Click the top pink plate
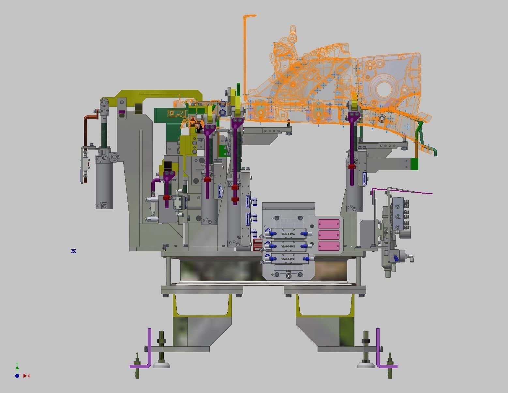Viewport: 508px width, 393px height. (x=329, y=224)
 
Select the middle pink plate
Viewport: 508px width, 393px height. (x=329, y=235)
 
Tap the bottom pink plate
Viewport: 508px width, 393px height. (x=329, y=246)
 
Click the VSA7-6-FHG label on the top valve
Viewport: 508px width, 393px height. (x=288, y=234)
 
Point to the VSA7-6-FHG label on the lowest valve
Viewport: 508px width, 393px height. (x=288, y=259)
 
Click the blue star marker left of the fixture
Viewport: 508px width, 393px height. (x=73, y=251)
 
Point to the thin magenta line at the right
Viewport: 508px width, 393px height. (x=404, y=191)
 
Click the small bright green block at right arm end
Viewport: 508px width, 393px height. (x=414, y=164)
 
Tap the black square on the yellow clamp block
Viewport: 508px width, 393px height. (x=168, y=165)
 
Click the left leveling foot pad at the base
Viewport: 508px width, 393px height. (x=161, y=365)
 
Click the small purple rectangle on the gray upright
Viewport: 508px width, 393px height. (x=122, y=112)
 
